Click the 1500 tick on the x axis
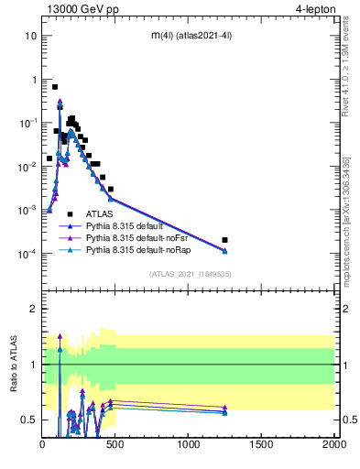(262, 446)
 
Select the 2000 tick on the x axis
(334, 446)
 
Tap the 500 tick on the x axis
(116, 446)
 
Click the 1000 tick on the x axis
(189, 446)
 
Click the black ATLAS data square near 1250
(225, 240)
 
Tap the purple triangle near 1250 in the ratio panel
(225, 407)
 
